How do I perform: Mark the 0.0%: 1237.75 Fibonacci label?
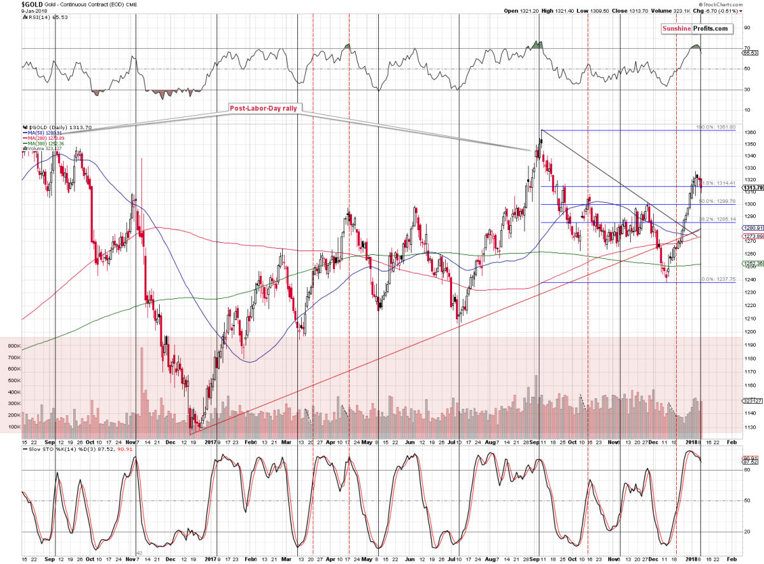coord(717,279)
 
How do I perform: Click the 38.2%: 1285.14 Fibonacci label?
coord(717,219)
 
